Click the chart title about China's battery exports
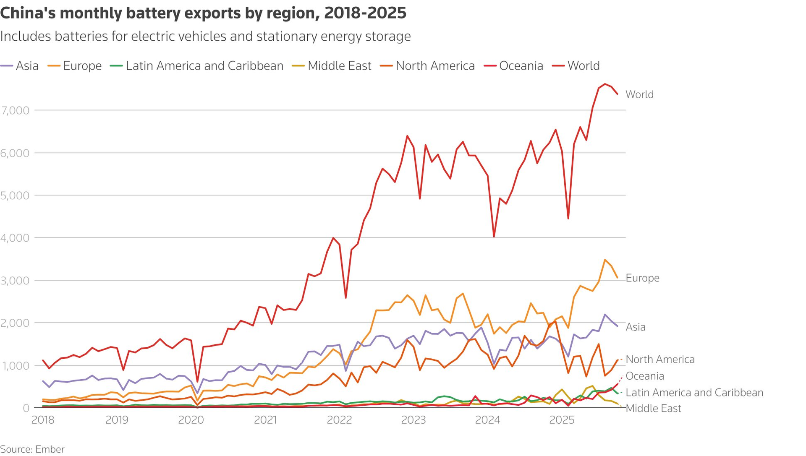tap(203, 13)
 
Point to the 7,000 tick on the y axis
tap(16, 111)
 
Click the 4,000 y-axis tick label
tap(16, 238)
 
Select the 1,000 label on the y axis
tap(16, 366)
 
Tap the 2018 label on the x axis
tap(43, 420)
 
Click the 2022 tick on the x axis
tap(339, 420)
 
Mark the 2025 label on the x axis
tap(562, 420)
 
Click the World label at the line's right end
tap(639, 94)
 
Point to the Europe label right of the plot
tap(642, 278)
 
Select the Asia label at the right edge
tap(636, 327)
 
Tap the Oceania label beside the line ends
tap(645, 376)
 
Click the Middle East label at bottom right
tap(653, 408)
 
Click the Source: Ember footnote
tap(32, 449)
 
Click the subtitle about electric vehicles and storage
tap(205, 36)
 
